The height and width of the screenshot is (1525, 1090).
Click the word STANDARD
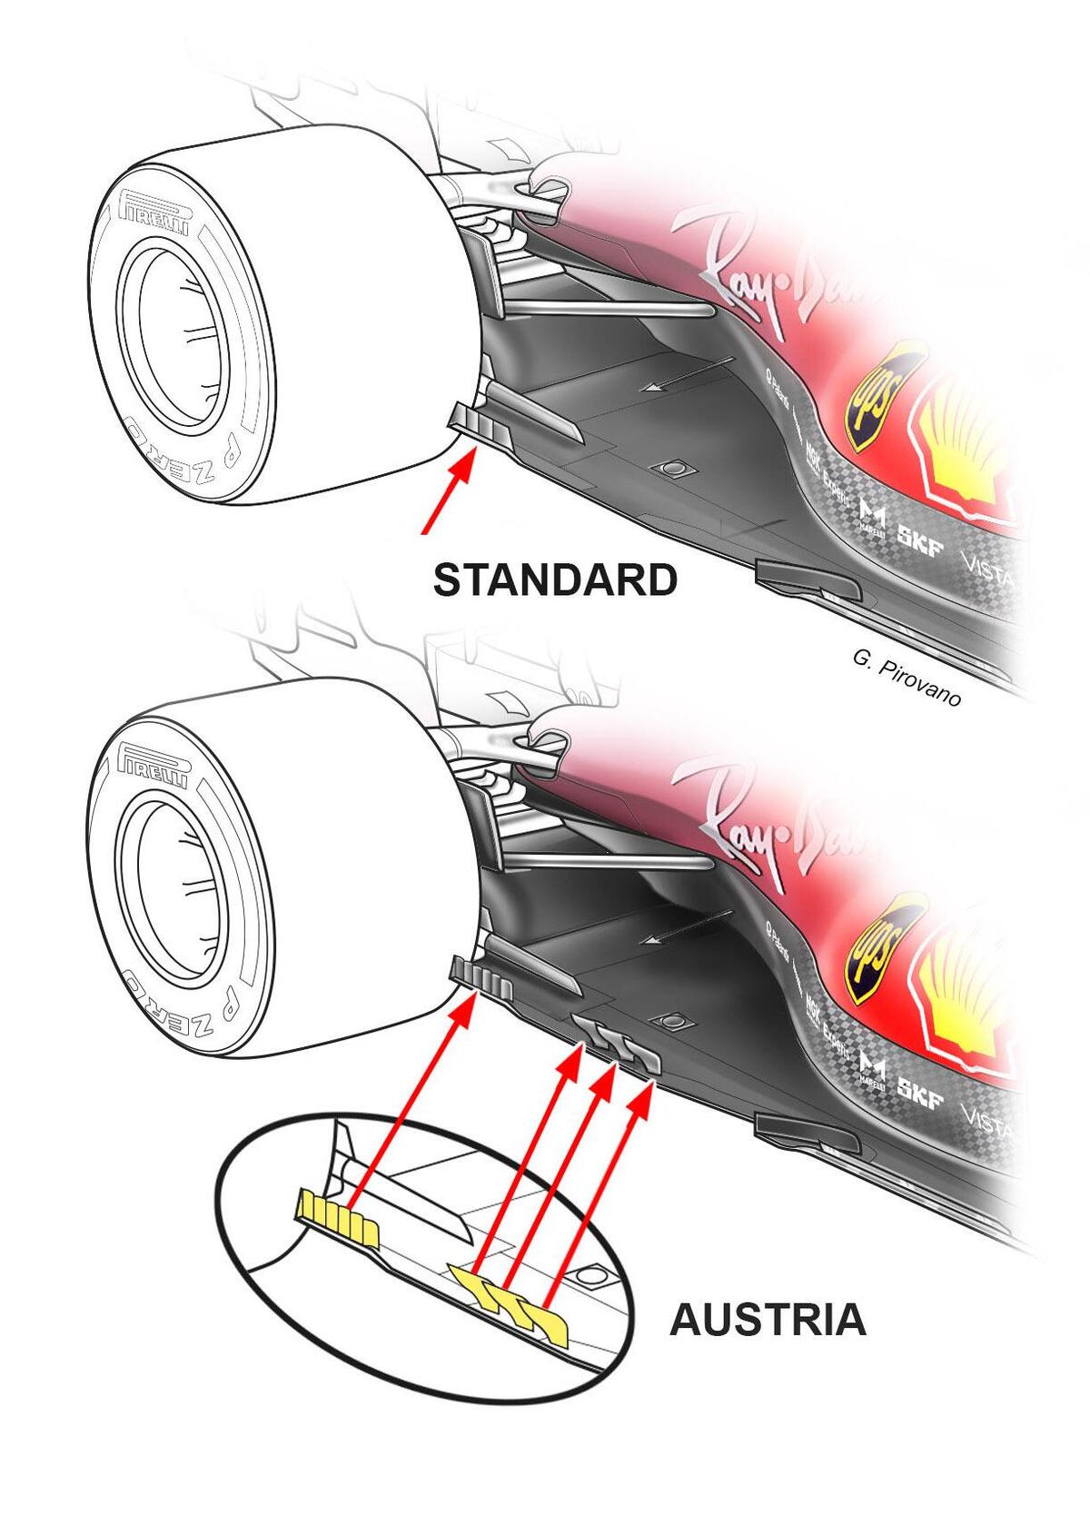point(555,580)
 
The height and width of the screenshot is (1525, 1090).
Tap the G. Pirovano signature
point(905,679)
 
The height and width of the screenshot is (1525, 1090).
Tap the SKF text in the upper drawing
point(920,535)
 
